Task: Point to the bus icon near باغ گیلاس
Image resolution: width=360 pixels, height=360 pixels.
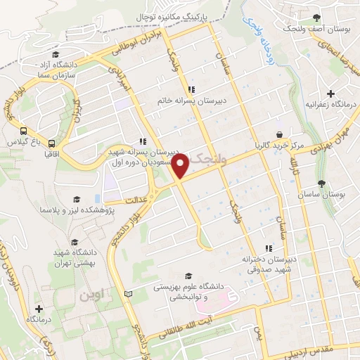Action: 24,131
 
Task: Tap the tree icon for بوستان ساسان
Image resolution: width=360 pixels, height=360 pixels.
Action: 321,184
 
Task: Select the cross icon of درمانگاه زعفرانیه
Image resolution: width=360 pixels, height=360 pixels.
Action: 331,94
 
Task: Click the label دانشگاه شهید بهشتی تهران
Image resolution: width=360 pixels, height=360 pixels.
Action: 77,257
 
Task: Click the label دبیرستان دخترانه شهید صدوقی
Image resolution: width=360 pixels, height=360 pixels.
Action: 267,264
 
